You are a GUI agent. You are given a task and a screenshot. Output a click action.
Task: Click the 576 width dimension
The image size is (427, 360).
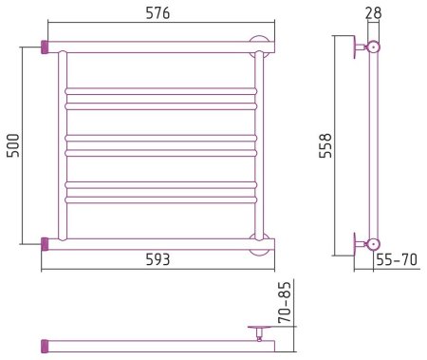point(158,13)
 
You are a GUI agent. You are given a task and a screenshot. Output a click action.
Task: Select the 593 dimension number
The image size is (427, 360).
point(158,259)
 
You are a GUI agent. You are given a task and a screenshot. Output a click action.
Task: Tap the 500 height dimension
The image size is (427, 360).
point(13,145)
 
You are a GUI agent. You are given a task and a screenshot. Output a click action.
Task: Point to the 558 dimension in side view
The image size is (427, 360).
point(325,145)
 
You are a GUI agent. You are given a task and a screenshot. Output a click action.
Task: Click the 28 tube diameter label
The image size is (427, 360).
point(373,13)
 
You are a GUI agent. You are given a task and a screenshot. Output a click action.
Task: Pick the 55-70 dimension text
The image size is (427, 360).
point(397,260)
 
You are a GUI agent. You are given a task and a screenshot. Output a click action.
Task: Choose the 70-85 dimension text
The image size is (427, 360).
point(284,302)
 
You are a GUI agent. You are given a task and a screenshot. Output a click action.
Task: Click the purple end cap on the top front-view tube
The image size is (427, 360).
point(45,47)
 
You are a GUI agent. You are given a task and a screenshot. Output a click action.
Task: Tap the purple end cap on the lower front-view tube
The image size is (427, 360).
point(45,244)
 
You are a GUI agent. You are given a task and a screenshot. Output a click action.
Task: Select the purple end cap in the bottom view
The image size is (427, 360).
point(45,347)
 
